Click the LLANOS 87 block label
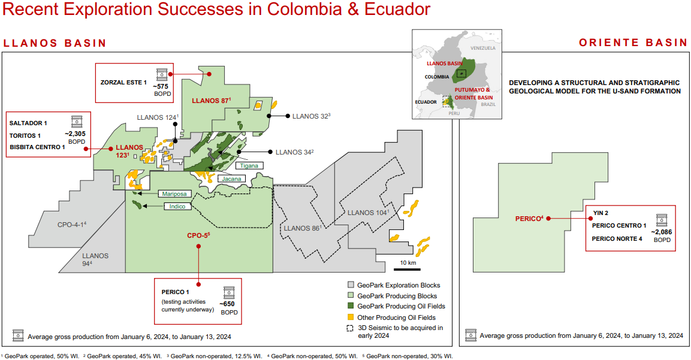pos(210,101)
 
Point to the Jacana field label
pos(231,179)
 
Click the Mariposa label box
pos(174,193)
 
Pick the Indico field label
pos(178,207)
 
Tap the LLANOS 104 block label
pos(367,213)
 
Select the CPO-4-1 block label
pos(71,224)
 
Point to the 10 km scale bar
pos(408,268)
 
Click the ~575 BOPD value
pos(162,87)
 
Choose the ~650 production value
pos(228,305)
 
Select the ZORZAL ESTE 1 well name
pos(125,82)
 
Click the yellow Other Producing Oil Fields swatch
pos(351,317)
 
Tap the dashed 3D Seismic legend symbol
pos(351,328)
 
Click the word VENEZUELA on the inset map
pos(482,48)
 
